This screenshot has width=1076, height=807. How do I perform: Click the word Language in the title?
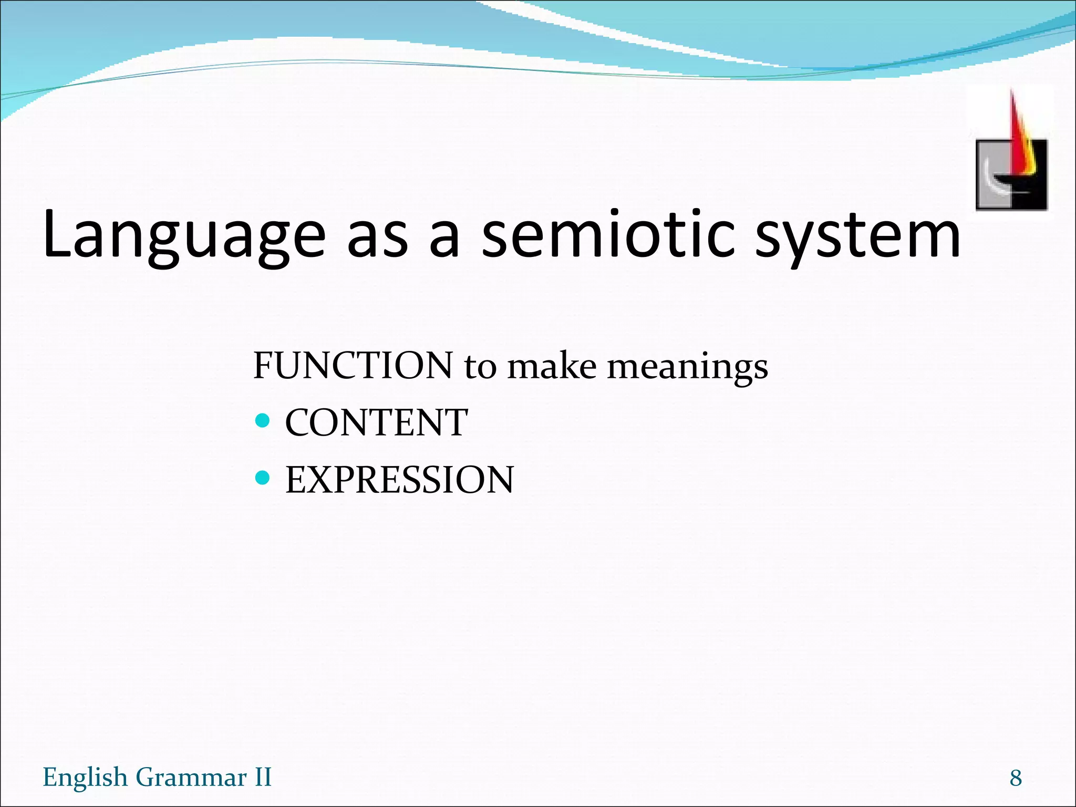pyautogui.click(x=184, y=235)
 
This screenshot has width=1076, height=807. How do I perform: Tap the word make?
pyautogui.click(x=551, y=366)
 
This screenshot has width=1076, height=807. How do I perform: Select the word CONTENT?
pyautogui.click(x=376, y=422)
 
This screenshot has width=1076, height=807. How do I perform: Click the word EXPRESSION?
pyautogui.click(x=399, y=480)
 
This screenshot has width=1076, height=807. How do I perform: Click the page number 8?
pyautogui.click(x=1015, y=778)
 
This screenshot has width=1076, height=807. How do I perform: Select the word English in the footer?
pyautogui.click(x=85, y=778)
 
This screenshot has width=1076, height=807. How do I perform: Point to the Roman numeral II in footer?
pyautogui.click(x=263, y=777)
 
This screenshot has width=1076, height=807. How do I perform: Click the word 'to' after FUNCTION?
pyautogui.click(x=480, y=367)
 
